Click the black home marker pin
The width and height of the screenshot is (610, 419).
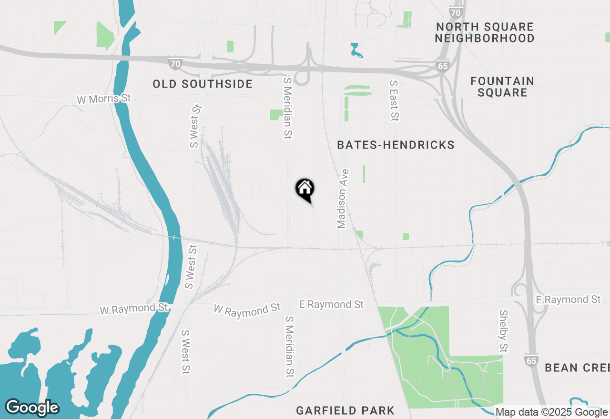click(305, 189)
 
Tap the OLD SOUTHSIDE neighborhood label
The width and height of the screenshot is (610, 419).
click(203, 84)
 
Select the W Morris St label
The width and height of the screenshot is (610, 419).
click(103, 99)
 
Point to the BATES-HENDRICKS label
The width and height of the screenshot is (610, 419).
click(396, 145)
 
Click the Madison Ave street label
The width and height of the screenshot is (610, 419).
click(343, 199)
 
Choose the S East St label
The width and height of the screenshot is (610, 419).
click(394, 100)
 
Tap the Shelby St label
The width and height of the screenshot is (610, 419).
click(504, 331)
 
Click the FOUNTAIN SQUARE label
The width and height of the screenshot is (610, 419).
click(502, 87)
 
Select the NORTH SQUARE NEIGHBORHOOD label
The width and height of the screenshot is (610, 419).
click(485, 32)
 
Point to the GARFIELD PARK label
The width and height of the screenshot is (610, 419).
click(345, 410)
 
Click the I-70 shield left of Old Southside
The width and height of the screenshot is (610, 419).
click(175, 63)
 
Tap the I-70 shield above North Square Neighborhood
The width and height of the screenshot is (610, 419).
click(456, 13)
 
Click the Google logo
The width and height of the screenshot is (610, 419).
click(31, 408)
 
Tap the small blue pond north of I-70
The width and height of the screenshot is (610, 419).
click(356, 50)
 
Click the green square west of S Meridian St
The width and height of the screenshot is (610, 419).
click(276, 114)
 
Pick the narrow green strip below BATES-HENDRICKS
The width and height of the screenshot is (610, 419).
click(364, 174)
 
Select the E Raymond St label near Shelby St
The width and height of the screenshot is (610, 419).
click(568, 299)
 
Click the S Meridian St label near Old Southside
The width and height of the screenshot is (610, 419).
click(287, 108)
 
